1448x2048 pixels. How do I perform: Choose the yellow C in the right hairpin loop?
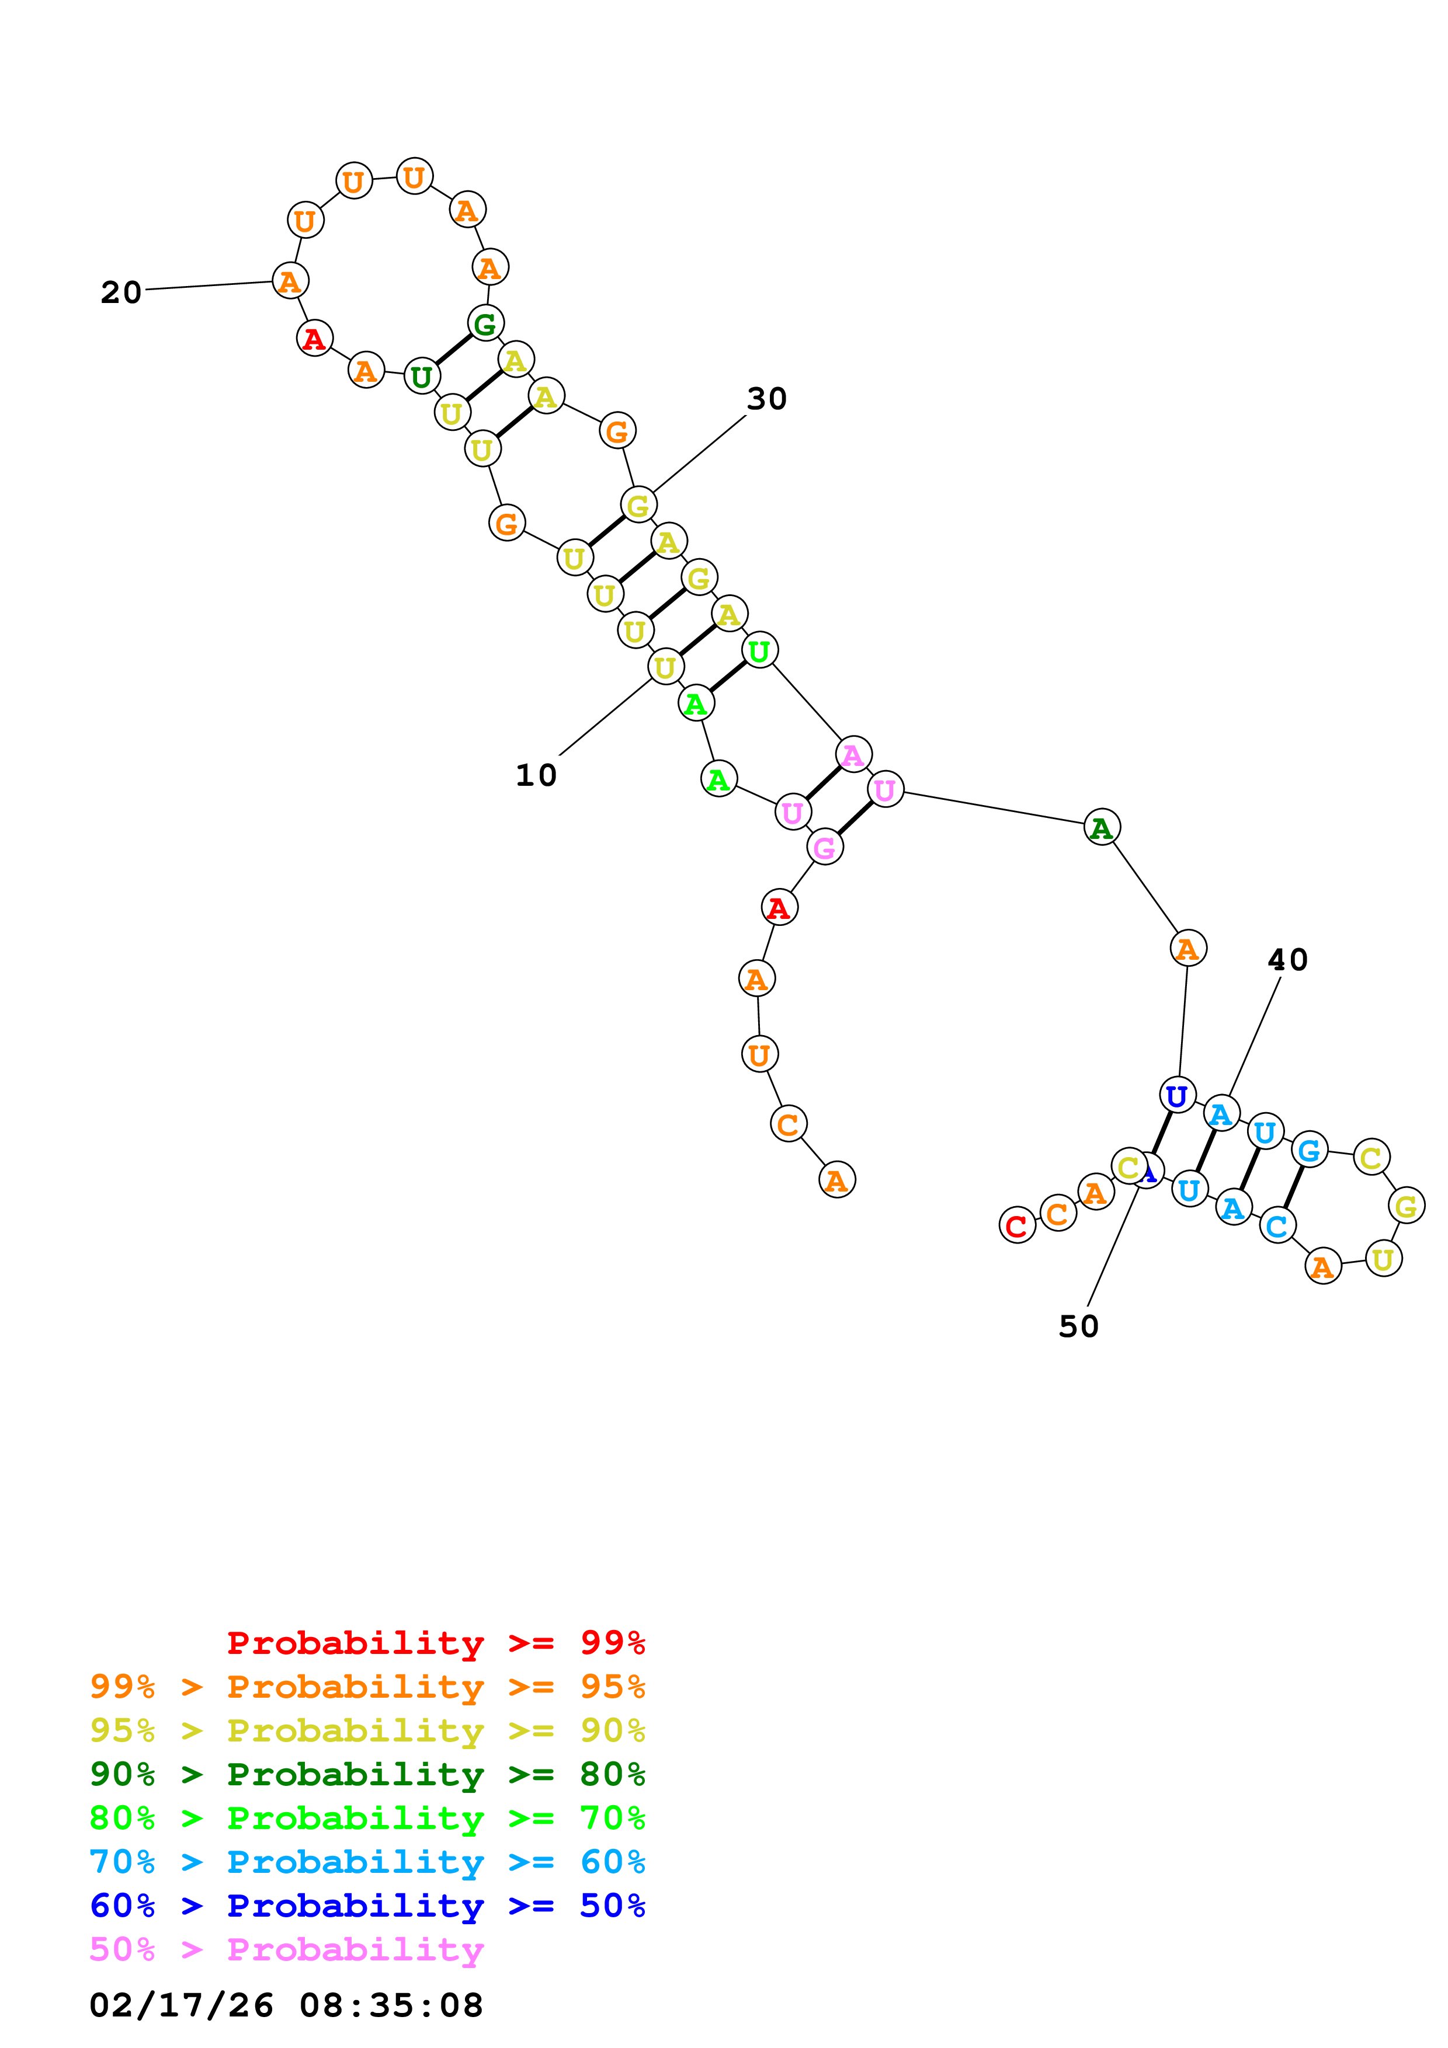tap(1371, 1157)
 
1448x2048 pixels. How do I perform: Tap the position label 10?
tap(536, 775)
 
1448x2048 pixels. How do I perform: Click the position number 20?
tap(121, 292)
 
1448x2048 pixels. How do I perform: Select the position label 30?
tap(766, 399)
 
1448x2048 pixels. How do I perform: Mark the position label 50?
tap(1079, 1326)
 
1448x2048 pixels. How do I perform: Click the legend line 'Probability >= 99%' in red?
tap(436, 1642)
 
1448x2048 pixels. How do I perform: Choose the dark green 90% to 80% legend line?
tap(367, 1774)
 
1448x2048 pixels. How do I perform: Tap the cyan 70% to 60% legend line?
tap(367, 1862)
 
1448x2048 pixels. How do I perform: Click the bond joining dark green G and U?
tap(453, 350)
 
